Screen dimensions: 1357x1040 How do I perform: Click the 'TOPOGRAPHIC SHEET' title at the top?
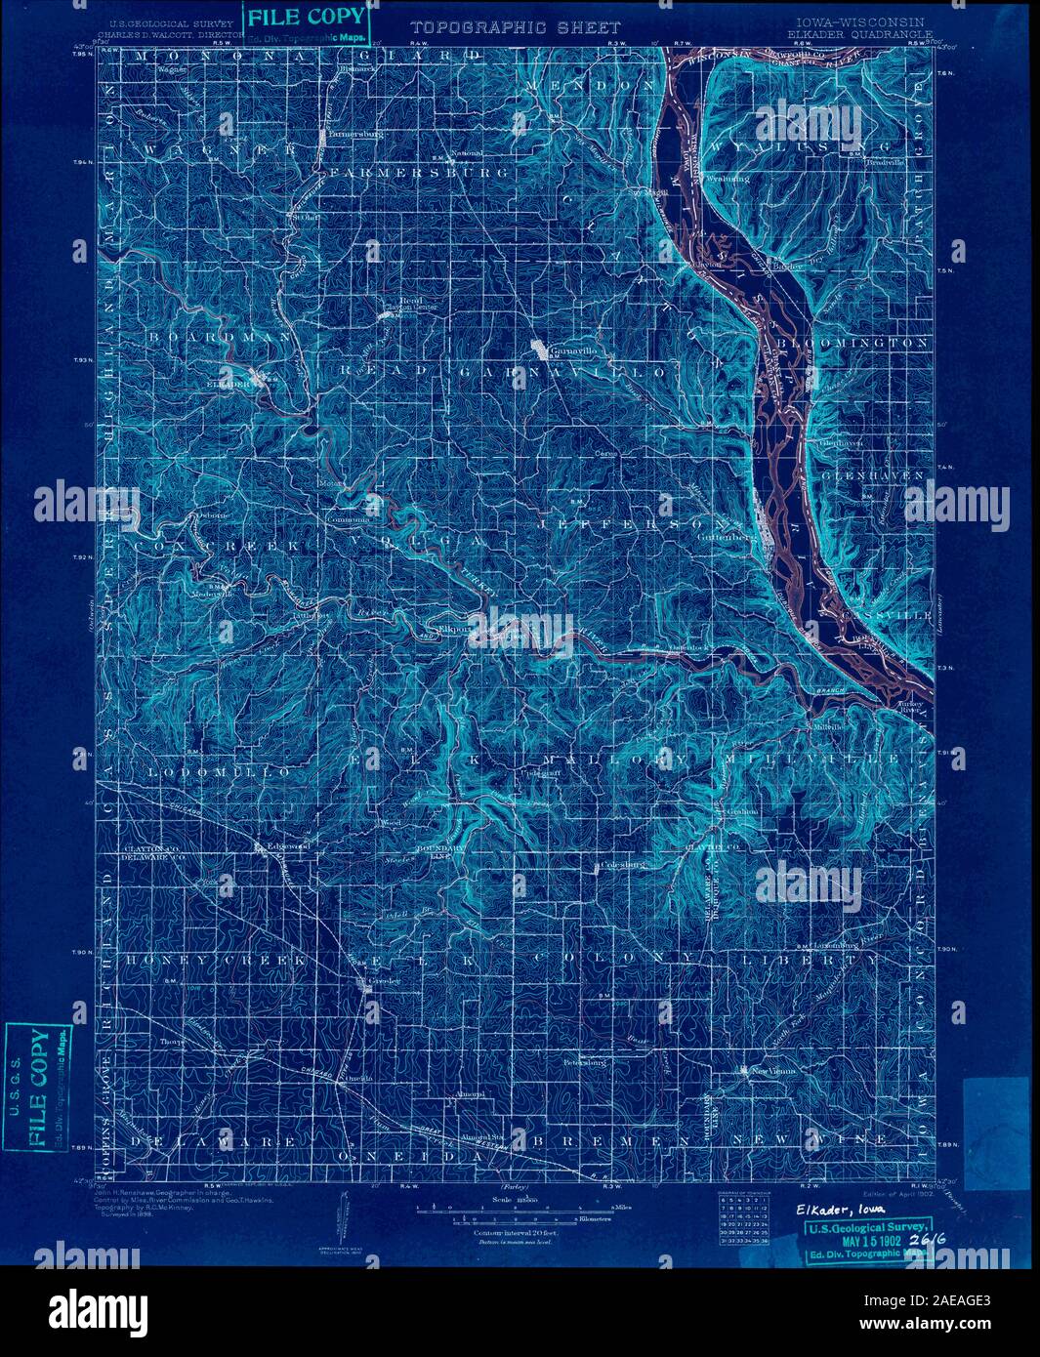[515, 28]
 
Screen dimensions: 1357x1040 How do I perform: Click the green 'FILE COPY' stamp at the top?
[307, 17]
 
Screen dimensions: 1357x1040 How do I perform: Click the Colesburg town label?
[627, 864]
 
